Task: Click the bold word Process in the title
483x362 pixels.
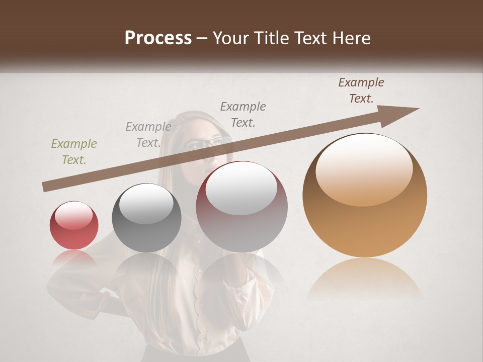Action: tap(158, 38)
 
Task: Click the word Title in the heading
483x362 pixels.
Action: tap(272, 38)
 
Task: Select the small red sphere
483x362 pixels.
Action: tap(74, 225)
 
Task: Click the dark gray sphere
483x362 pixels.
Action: tap(146, 218)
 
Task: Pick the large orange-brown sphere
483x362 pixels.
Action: tap(365, 196)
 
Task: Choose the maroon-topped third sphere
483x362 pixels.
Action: tap(242, 207)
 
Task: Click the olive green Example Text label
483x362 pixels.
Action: tap(74, 152)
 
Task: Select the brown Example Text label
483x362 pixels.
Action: tap(361, 90)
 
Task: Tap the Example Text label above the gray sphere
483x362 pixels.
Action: tap(148, 135)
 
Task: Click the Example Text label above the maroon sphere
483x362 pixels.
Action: tap(243, 114)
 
